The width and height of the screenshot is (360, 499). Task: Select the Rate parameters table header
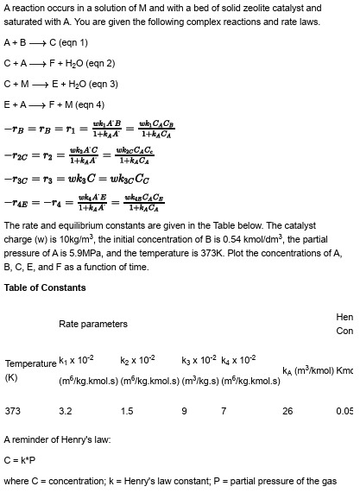(93, 324)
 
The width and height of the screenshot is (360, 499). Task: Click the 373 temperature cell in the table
(13, 411)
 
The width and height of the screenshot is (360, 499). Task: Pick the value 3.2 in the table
(66, 411)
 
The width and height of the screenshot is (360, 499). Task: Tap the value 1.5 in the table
(127, 411)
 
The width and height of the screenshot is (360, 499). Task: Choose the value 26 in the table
(288, 411)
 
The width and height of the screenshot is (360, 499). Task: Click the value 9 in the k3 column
(184, 411)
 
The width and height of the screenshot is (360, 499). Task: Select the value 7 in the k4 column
(224, 411)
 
